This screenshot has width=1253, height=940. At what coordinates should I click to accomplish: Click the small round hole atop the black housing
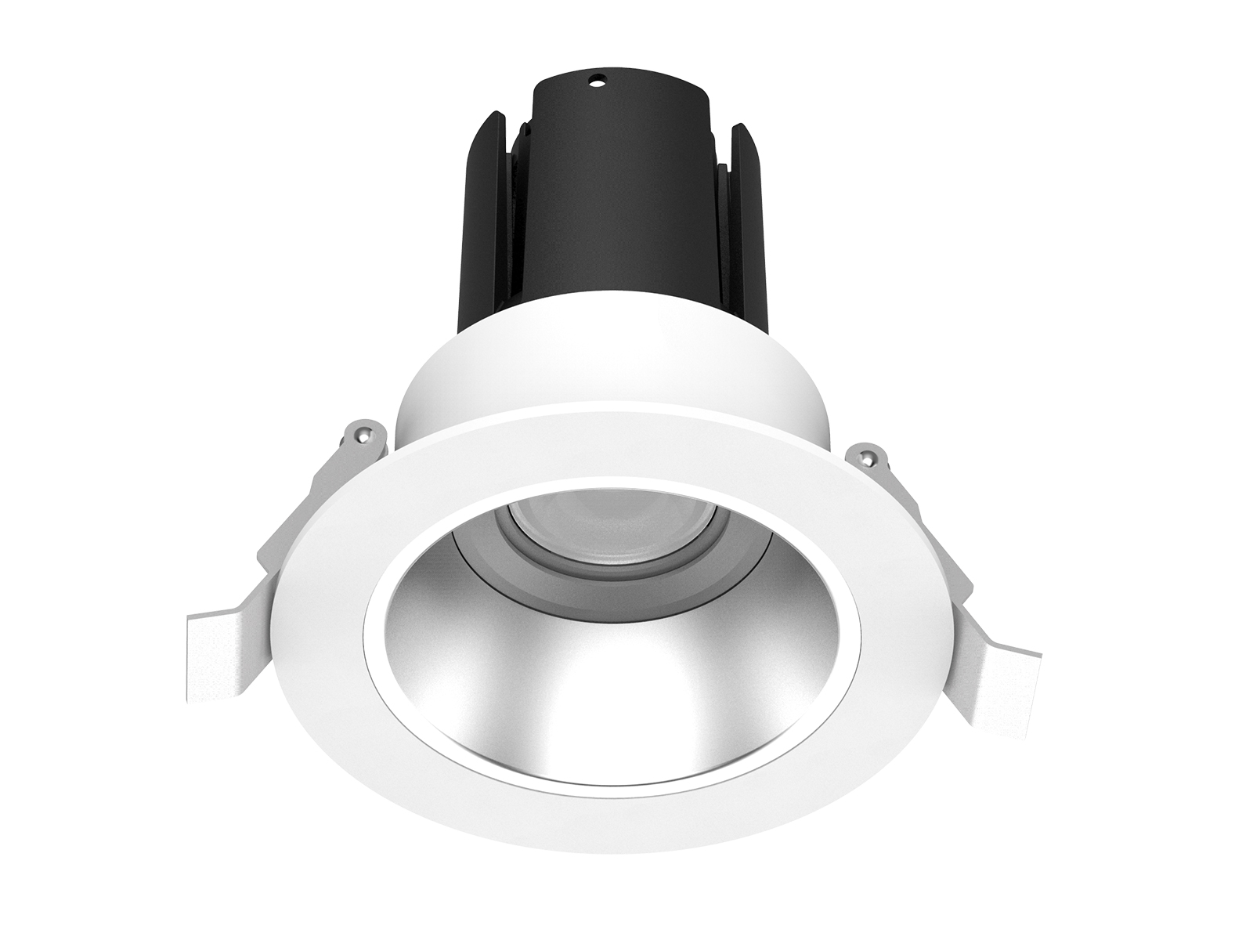pos(598,78)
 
